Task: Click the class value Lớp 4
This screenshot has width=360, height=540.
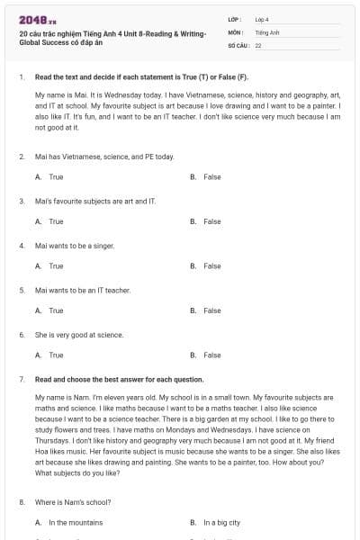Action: pyautogui.click(x=262, y=19)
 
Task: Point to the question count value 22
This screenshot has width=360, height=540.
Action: pyautogui.click(x=258, y=44)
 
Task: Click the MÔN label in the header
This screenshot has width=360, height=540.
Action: pyautogui.click(x=236, y=31)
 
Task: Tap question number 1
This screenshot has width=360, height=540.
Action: pyautogui.click(x=21, y=78)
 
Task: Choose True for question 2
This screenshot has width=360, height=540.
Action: pyautogui.click(x=56, y=177)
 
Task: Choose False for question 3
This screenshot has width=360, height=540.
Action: pyautogui.click(x=211, y=221)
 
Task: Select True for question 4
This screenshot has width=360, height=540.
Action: pyautogui.click(x=56, y=266)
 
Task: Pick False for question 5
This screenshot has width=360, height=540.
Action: pyautogui.click(x=211, y=310)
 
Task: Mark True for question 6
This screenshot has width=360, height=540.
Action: pyautogui.click(x=56, y=355)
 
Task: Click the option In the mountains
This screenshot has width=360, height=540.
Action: pyautogui.click(x=76, y=522)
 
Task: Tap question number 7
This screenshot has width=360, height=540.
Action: pyautogui.click(x=21, y=379)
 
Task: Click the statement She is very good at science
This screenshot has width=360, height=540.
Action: pyautogui.click(x=79, y=334)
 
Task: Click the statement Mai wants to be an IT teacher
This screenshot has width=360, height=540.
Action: pyautogui.click(x=83, y=290)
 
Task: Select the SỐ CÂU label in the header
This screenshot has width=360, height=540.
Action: pyautogui.click(x=238, y=44)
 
